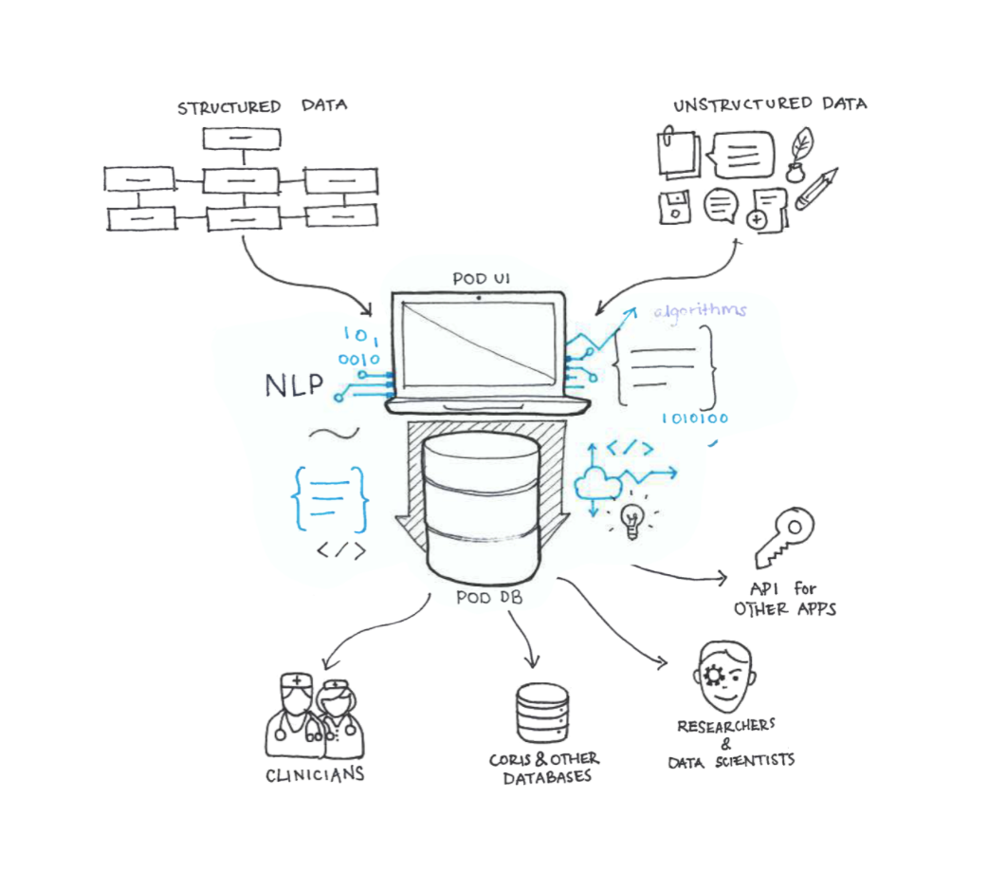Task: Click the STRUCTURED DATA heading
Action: coord(262,105)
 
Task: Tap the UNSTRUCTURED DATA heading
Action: coord(770,103)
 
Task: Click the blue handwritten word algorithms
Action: coord(700,310)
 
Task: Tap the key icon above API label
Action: coord(784,537)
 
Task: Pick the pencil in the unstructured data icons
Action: coord(817,189)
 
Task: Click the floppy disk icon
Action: coord(674,205)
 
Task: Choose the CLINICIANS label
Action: coord(315,774)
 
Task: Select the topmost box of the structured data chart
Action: coord(242,139)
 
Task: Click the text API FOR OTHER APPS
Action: coord(785,599)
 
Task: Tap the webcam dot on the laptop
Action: coord(479,297)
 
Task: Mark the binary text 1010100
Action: coord(694,418)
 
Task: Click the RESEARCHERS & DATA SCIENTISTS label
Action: coord(728,742)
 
